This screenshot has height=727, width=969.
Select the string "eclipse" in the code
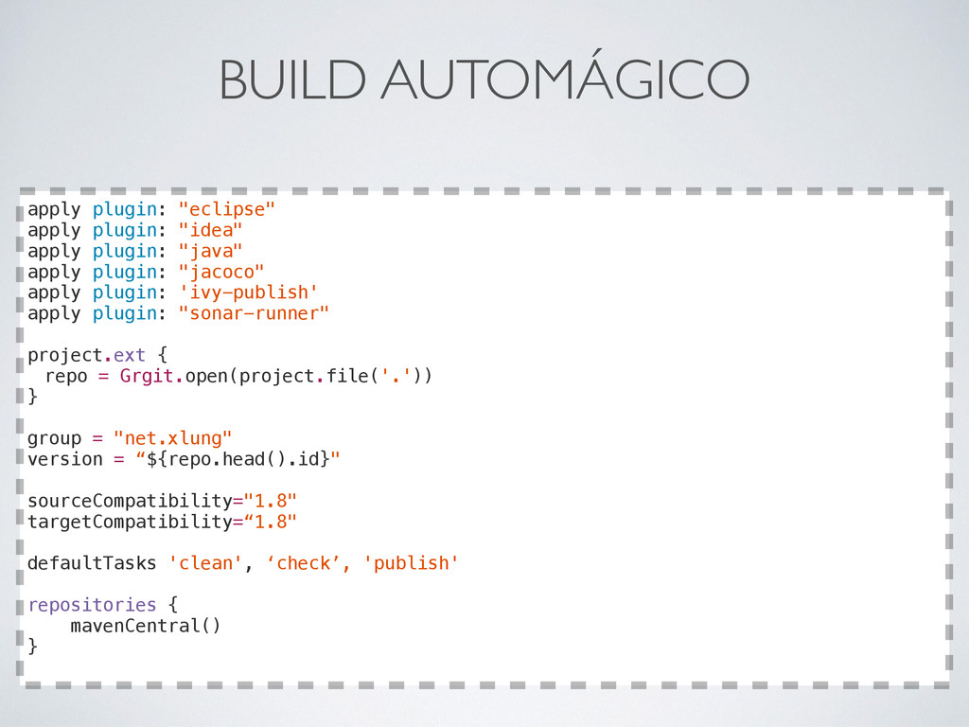[226, 209]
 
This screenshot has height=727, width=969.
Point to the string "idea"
[210, 230]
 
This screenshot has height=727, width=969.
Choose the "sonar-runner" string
[254, 313]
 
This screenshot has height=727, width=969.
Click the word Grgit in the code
[147, 376]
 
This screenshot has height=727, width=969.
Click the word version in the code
[64, 459]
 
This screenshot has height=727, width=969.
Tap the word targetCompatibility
[129, 522]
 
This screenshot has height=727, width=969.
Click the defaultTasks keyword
[91, 563]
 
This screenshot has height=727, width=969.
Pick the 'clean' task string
[204, 563]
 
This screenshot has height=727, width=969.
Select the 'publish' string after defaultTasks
[411, 563]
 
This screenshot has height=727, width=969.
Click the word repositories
[91, 605]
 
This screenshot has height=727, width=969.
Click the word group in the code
[53, 438]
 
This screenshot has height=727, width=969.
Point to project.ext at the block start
[86, 355]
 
